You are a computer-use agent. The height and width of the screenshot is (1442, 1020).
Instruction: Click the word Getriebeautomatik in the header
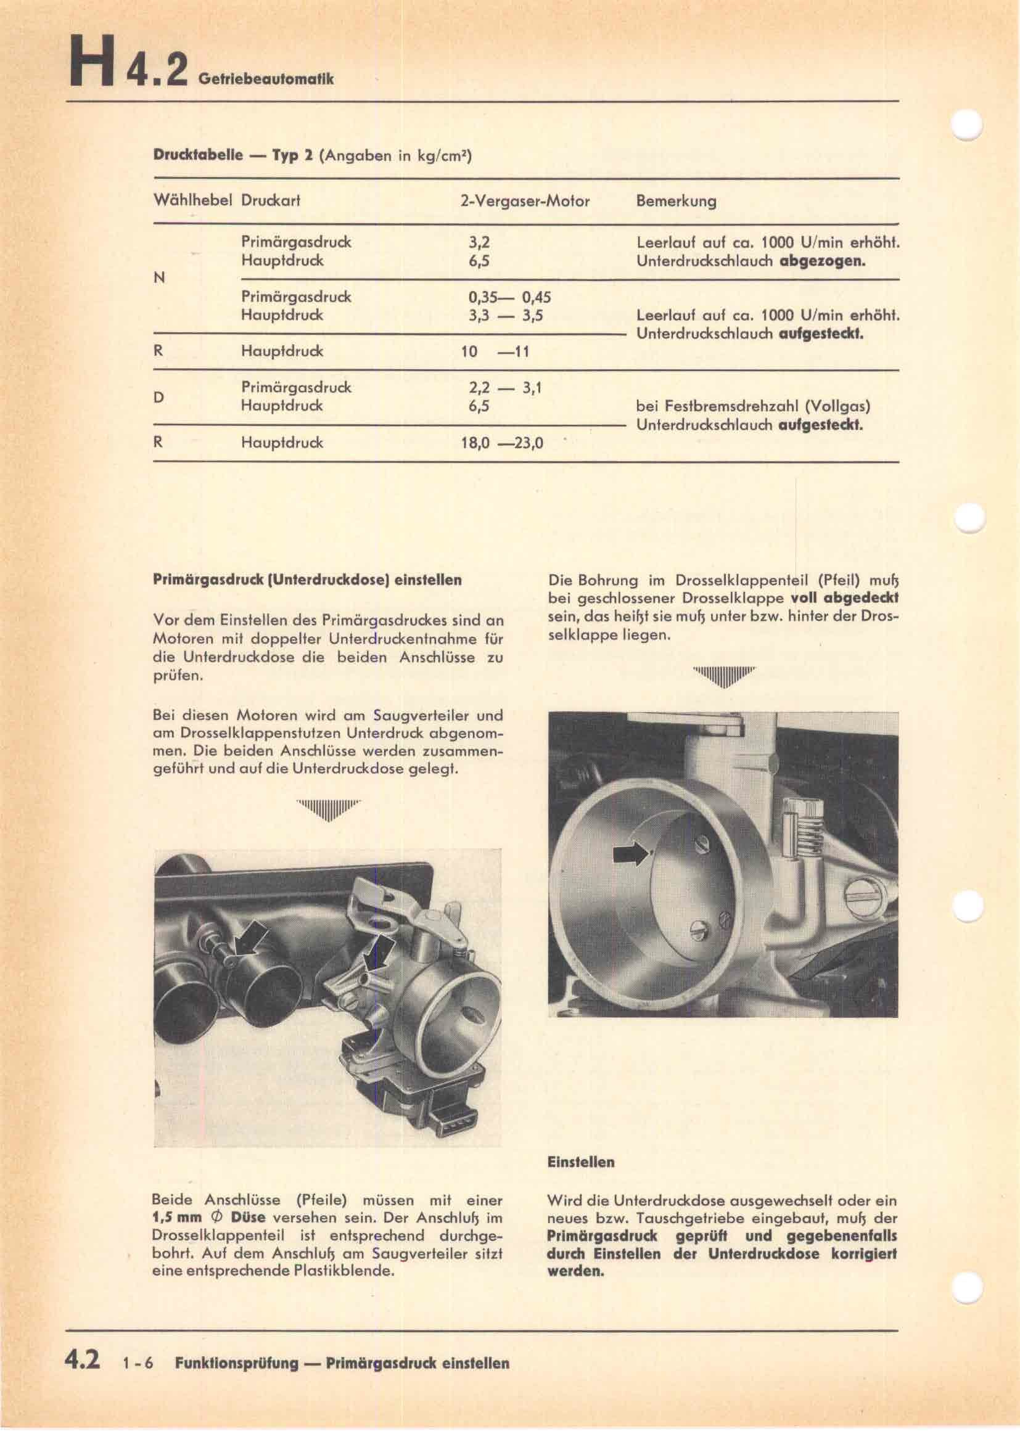pos(265,79)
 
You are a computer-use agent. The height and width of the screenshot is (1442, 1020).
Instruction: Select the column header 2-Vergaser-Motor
pos(524,202)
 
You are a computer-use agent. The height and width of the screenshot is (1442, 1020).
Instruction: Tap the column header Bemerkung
pos(676,202)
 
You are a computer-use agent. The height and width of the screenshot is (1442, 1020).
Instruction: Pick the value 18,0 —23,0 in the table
pos(502,443)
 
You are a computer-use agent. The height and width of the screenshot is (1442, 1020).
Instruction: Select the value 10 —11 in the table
pos(495,351)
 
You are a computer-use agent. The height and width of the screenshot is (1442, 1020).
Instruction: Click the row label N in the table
pos(159,278)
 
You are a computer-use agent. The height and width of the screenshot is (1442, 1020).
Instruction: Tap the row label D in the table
pos(159,397)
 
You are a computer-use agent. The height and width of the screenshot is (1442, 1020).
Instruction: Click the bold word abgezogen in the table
pos(822,260)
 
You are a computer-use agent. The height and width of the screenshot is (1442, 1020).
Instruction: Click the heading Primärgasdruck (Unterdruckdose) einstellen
pos(307,580)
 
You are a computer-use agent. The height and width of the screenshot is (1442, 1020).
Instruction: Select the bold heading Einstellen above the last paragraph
pos(581,1162)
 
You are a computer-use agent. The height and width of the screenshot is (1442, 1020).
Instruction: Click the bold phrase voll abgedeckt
pos(844,597)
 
